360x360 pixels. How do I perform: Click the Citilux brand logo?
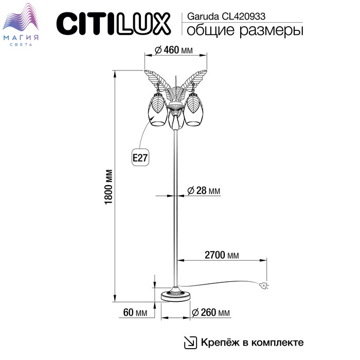click(114, 24)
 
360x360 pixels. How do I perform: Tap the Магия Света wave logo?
click(21, 24)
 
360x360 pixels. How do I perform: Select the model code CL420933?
click(244, 16)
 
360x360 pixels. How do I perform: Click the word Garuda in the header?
click(203, 16)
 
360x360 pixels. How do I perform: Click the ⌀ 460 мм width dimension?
click(174, 50)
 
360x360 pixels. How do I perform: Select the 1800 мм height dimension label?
click(109, 187)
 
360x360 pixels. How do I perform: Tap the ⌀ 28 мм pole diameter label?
click(204, 191)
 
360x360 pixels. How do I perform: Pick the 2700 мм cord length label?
click(222, 255)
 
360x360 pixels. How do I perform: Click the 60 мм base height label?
click(135, 312)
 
